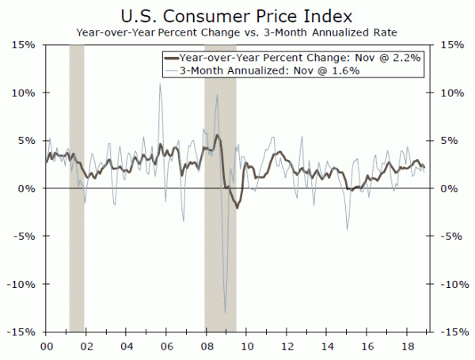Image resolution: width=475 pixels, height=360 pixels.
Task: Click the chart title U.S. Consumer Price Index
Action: point(237,15)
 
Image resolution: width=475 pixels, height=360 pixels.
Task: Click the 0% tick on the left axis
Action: point(26,188)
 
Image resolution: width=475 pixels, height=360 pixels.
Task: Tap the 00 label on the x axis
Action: point(46,347)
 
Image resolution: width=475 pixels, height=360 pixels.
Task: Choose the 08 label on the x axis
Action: point(206,347)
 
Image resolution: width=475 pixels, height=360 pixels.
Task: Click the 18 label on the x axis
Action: point(406,347)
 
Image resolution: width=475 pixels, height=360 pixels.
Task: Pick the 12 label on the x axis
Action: point(286,347)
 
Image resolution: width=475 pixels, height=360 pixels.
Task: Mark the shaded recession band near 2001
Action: point(77,237)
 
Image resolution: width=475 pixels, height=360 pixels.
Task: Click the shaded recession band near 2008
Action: point(220,261)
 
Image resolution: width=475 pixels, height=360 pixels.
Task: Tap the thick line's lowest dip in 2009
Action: point(237,207)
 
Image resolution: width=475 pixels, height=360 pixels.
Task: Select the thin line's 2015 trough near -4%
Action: point(347,229)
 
